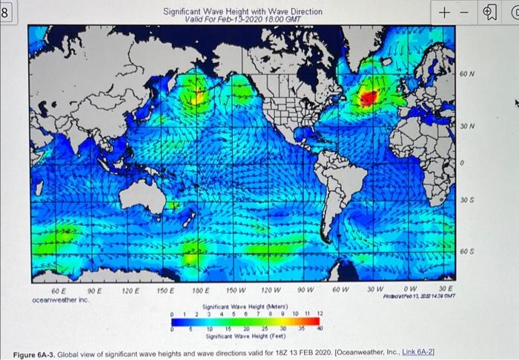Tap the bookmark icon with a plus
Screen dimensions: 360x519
click(x=489, y=13)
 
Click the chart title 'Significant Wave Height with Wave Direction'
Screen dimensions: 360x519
click(x=242, y=12)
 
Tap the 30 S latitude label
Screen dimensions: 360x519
click(x=465, y=200)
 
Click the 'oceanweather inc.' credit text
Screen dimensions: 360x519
click(x=60, y=300)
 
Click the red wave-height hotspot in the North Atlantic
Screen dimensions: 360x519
click(x=368, y=96)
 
